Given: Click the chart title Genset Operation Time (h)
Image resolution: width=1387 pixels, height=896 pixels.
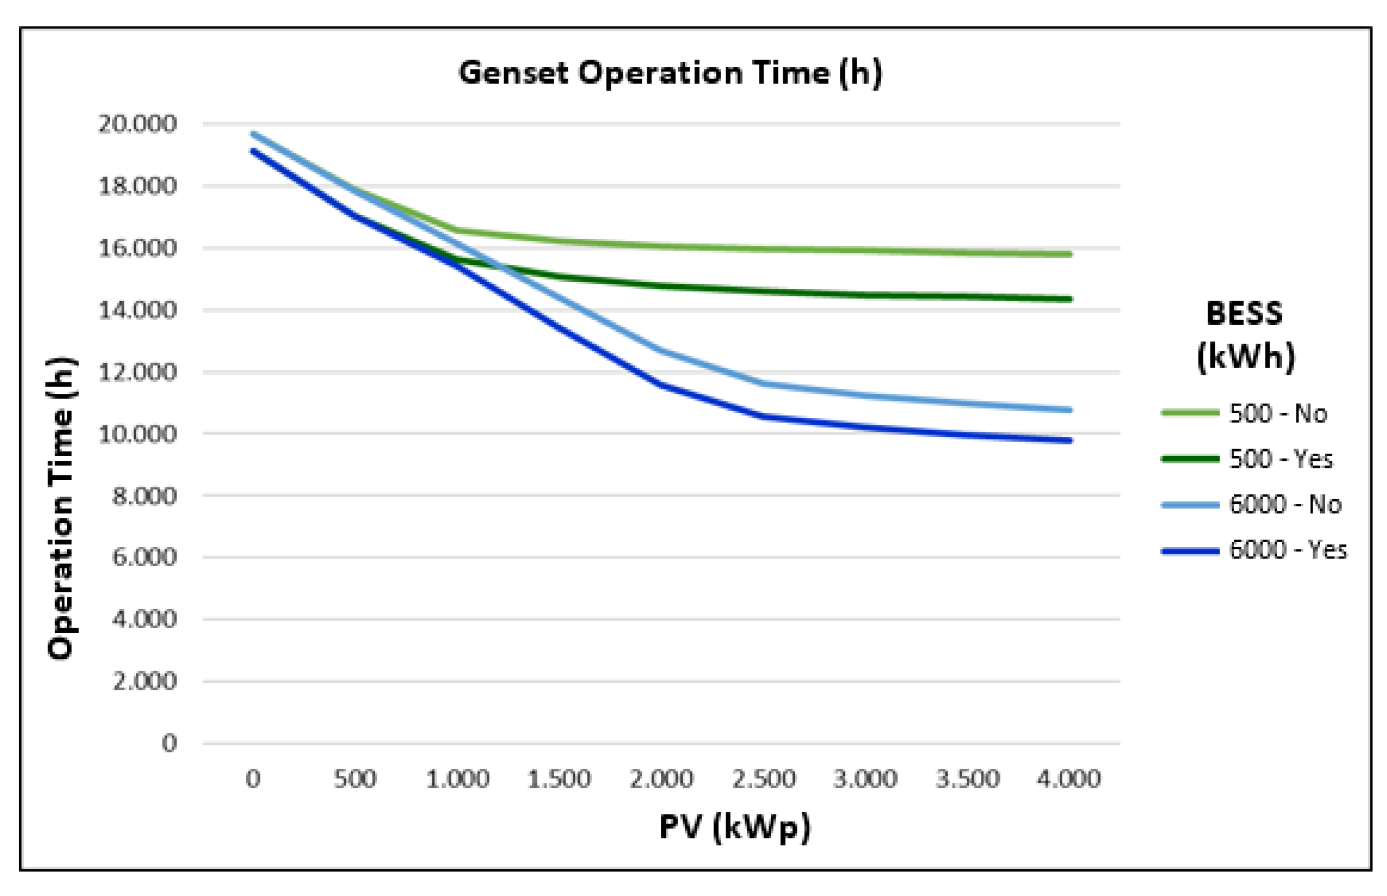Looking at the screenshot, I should click(669, 73).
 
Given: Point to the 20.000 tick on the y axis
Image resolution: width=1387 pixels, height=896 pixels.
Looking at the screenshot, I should click(137, 124).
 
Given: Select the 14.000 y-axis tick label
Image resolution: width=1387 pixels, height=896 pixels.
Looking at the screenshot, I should click(137, 310).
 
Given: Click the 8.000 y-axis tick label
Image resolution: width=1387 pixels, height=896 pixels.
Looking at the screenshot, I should click(144, 496).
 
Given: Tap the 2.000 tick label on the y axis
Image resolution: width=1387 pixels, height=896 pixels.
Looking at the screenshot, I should click(144, 682).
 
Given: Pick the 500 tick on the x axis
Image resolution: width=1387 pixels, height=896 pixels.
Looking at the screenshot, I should click(355, 779).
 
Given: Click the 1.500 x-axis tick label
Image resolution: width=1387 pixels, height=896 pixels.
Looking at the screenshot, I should click(558, 779).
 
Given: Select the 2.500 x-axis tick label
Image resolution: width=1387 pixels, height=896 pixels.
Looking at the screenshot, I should click(764, 779).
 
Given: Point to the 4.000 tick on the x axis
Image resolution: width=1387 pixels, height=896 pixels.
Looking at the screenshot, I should click(1069, 779).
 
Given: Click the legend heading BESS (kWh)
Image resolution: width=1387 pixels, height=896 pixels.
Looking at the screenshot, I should click(1245, 335).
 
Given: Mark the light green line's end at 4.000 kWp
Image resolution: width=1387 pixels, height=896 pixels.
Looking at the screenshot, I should click(1069, 255).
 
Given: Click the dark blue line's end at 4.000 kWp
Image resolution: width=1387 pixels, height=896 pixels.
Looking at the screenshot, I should click(1069, 440).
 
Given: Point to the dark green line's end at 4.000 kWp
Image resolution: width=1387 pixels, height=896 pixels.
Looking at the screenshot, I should click(1069, 299).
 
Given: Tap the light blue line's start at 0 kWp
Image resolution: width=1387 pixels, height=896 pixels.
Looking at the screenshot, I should click(253, 134).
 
